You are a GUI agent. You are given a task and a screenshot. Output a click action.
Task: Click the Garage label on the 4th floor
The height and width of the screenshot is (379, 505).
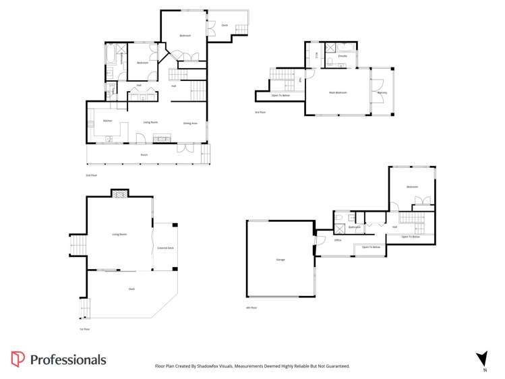coord(280,260)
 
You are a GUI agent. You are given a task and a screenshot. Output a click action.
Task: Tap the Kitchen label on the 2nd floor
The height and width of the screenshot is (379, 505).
coord(107,121)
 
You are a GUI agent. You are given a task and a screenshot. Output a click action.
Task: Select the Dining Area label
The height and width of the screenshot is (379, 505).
coord(190,123)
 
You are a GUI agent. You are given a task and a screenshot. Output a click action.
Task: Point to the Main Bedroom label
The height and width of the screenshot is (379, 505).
coord(338,92)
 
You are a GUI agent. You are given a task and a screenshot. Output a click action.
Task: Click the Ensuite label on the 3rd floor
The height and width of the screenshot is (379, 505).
coord(343,56)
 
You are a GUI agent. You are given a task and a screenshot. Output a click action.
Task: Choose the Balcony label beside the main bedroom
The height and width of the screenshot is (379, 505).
coord(382,92)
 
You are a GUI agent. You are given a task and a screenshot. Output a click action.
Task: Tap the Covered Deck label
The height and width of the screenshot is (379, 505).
coord(165,248)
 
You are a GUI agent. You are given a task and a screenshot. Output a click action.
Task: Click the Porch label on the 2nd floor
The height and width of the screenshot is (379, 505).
coord(144,154)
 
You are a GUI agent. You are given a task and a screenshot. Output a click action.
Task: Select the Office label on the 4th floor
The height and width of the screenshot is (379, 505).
coord(337,240)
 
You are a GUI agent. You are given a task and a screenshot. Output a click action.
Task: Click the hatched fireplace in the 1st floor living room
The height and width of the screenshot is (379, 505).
coord(119,194)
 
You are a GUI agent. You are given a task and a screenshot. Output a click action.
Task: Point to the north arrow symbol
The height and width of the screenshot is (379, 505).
coord(481,358)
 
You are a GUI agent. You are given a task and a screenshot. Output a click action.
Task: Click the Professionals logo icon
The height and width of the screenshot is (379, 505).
coord(18,359)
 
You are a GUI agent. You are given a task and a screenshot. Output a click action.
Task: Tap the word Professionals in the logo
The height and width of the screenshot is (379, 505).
coord(68,359)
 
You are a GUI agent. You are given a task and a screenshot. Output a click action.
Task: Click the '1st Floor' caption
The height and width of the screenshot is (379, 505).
coord(84,329)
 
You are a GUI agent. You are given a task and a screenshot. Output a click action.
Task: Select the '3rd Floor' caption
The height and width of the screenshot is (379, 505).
coord(260,112)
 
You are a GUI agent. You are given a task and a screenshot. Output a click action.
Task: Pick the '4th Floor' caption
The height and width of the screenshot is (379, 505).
coord(251,308)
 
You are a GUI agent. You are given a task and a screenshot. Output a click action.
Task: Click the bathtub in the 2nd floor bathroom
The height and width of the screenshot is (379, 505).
coord(110,54)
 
